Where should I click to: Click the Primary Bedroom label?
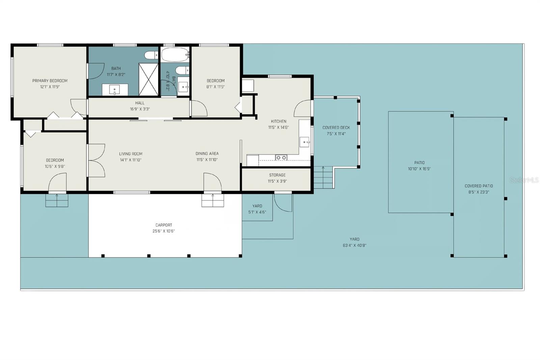pos(50,81)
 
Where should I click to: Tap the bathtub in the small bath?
pos(174,54)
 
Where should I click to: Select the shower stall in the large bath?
pos(148,79)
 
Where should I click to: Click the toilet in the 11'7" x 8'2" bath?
pos(151,55)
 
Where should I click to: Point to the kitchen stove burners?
pos(281,157)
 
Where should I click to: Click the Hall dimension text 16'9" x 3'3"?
pos(140,109)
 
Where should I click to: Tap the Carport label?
pos(164,225)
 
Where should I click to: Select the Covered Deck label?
pos(336,128)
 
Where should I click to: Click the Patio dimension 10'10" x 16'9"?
pos(419,169)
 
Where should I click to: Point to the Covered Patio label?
pos(479,186)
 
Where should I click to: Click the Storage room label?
pos(277,175)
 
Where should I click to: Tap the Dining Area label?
pos(207,154)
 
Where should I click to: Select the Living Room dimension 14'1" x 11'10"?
pos(130,160)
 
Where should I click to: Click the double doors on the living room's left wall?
pos(96,160)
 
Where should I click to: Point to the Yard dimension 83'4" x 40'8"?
pos(354,246)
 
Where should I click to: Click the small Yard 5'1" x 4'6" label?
pos(257,206)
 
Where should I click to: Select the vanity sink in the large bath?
pos(115,90)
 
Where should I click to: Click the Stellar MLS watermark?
pos(524,180)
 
